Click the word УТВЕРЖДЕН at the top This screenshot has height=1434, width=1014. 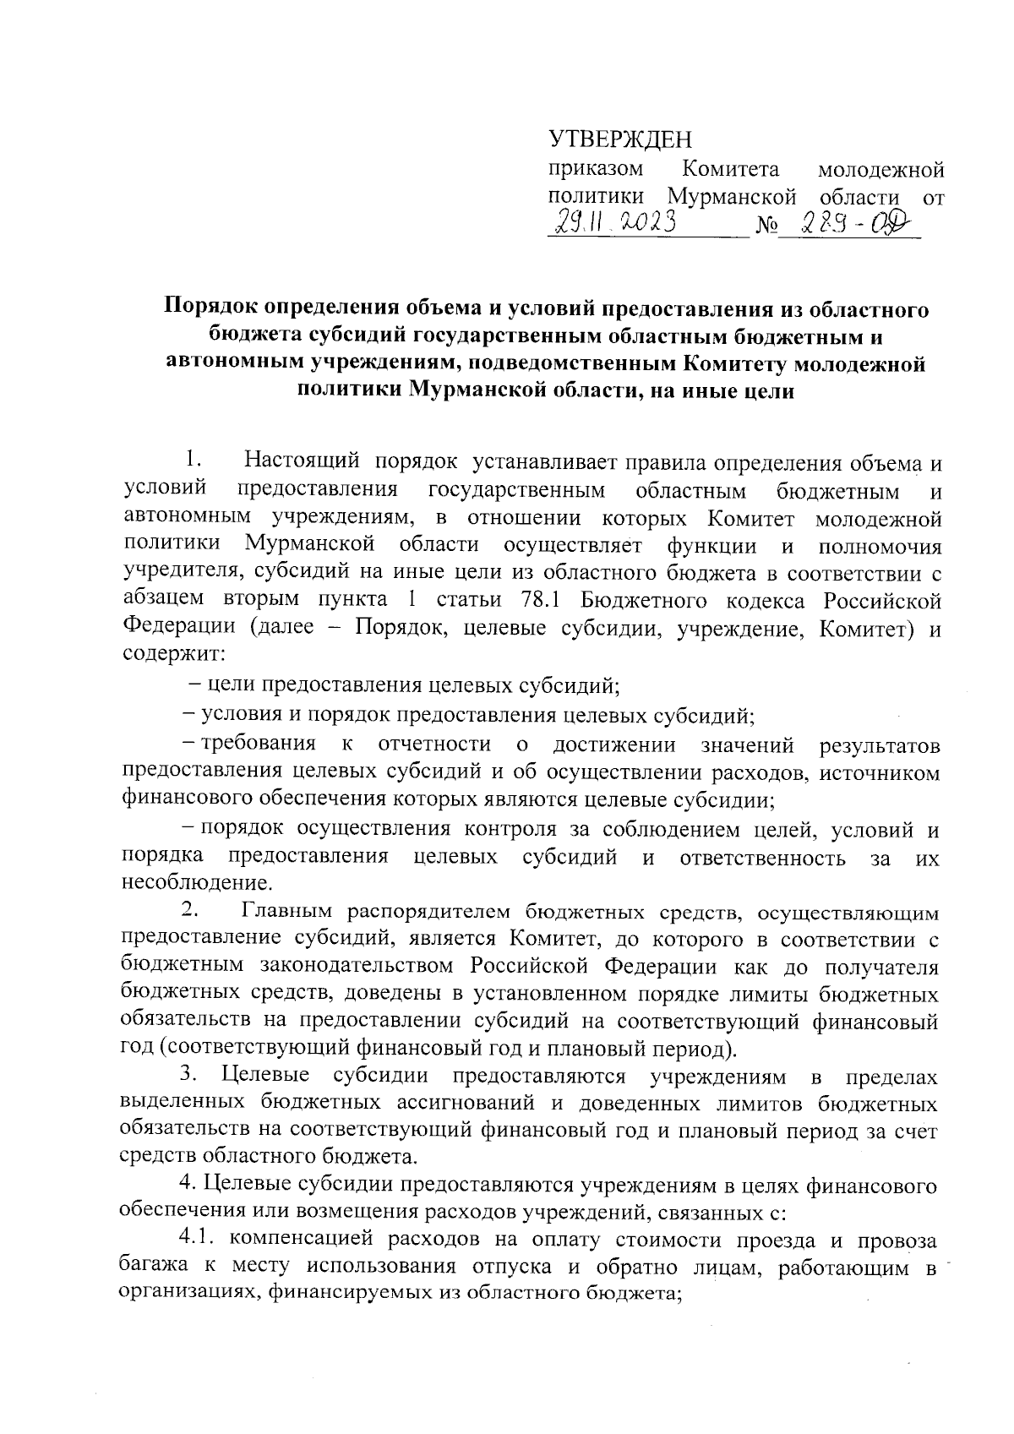tap(619, 138)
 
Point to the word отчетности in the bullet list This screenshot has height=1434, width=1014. tap(434, 744)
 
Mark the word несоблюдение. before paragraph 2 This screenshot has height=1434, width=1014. tap(198, 885)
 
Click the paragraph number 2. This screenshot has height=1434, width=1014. tap(189, 911)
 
